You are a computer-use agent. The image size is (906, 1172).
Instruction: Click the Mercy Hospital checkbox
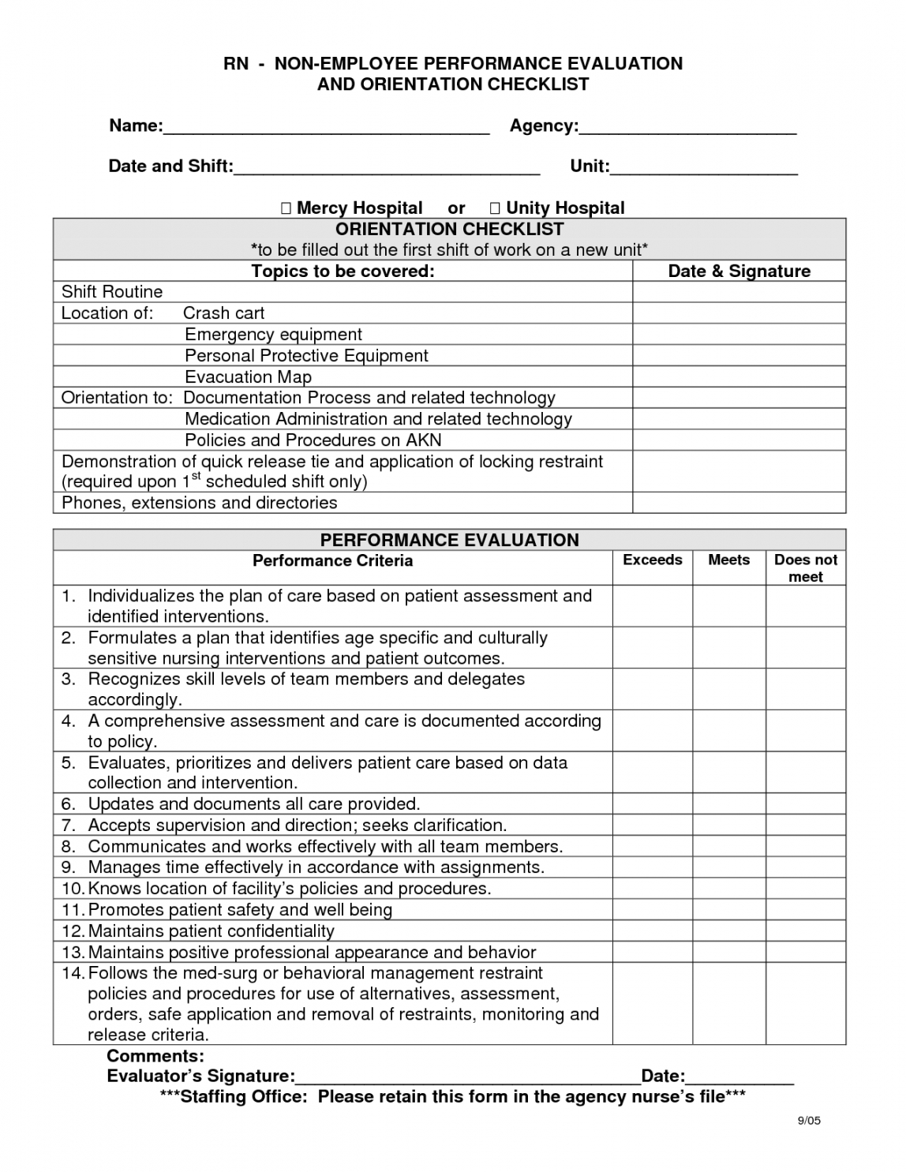click(286, 208)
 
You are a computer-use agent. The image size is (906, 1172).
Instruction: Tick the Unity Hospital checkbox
click(495, 208)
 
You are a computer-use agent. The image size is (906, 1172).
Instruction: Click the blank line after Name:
click(326, 128)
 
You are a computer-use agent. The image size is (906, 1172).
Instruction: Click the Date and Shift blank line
click(387, 168)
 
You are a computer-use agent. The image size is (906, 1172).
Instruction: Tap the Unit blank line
click(704, 168)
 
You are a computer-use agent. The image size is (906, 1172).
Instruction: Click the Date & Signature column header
click(739, 271)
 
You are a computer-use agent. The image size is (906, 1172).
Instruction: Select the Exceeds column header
click(653, 560)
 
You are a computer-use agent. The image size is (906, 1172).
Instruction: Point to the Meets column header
click(728, 560)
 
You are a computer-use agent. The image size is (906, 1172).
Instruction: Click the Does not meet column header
click(806, 568)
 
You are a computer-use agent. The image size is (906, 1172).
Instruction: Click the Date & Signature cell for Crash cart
click(739, 313)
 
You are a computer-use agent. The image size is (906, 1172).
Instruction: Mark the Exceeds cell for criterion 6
click(653, 804)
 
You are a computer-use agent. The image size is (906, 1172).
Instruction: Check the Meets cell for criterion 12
click(728, 931)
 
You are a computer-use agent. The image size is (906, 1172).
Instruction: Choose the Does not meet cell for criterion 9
click(806, 867)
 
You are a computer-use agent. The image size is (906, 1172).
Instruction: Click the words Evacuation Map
click(248, 377)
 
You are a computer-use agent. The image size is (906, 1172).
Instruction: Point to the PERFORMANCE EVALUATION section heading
click(449, 541)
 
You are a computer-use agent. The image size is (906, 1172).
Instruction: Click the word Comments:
click(155, 1056)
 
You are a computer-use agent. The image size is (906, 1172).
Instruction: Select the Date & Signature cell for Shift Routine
click(739, 292)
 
